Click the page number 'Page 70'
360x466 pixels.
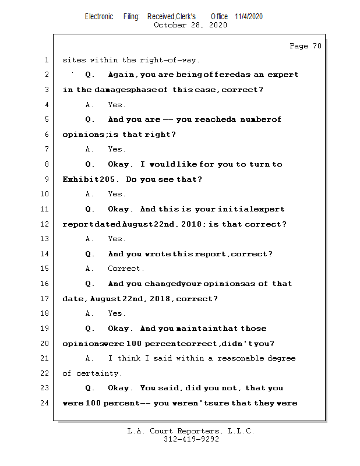click(x=305, y=46)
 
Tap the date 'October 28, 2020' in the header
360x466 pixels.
click(x=190, y=25)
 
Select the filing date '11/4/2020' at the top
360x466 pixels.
click(x=249, y=16)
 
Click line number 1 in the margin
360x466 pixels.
click(x=46, y=60)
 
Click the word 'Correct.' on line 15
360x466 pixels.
click(x=126, y=269)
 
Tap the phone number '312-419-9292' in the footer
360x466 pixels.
click(x=191, y=440)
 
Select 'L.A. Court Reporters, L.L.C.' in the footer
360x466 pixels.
click(x=191, y=432)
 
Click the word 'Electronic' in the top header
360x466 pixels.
click(x=99, y=16)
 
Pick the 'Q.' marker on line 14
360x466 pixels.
click(x=90, y=254)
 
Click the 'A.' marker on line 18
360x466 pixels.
click(x=90, y=313)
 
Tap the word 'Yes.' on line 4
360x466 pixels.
click(x=117, y=105)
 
